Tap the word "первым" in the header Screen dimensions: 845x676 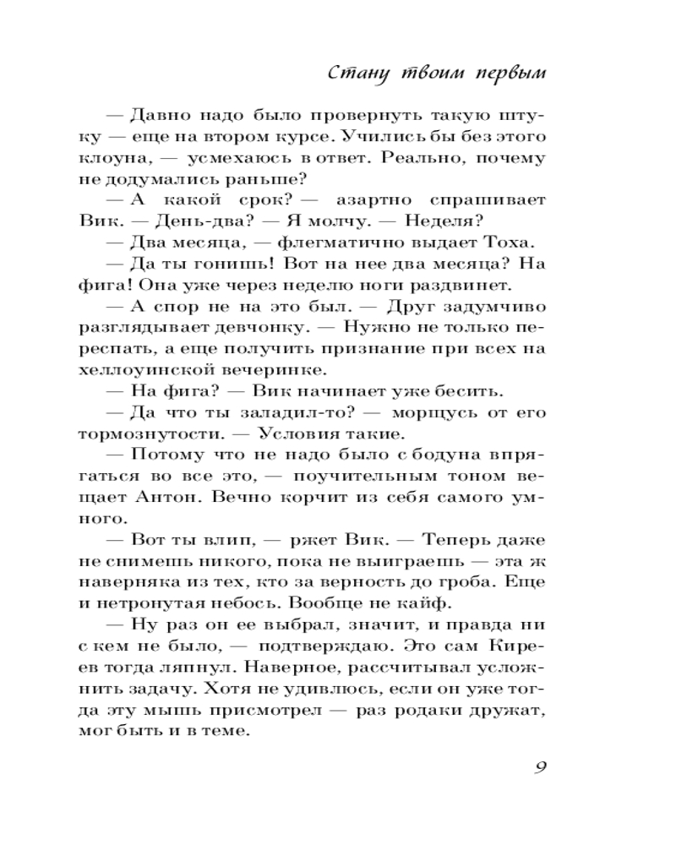point(506,73)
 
